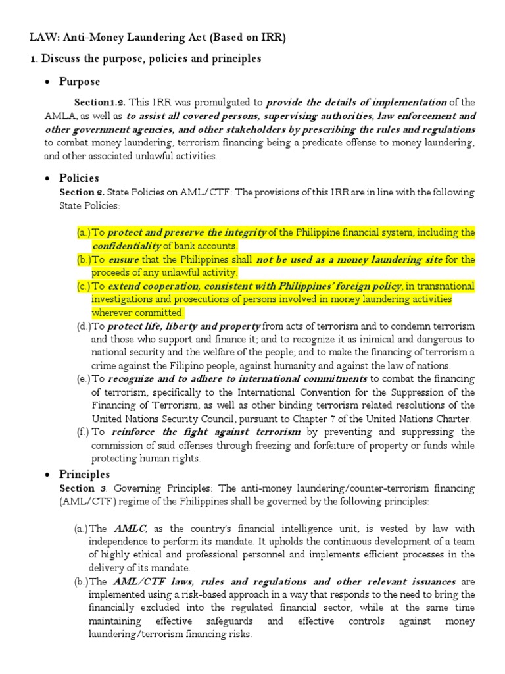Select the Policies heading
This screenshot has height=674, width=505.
(x=79, y=178)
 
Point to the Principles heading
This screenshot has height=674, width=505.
(x=85, y=474)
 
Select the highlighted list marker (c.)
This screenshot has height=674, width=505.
(x=83, y=286)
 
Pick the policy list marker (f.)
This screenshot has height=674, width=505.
(x=83, y=432)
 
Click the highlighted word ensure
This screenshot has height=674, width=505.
(x=122, y=259)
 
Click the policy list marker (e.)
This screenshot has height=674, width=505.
(x=83, y=378)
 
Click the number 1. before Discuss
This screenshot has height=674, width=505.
(x=34, y=59)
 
